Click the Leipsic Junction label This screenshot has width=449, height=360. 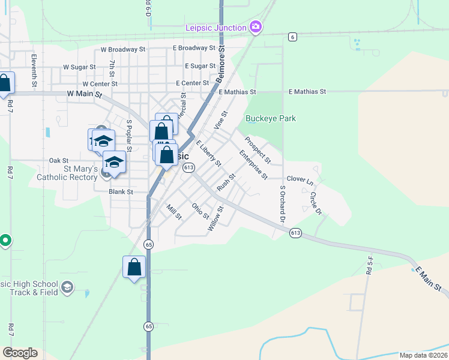tap(216, 28)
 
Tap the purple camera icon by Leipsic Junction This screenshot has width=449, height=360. tap(256, 27)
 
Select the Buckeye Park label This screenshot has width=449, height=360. tap(271, 119)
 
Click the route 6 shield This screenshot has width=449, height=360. tap(292, 37)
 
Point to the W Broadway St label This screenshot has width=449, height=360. tap(123, 49)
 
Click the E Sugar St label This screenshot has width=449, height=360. tap(200, 65)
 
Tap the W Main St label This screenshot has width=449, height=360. tap(85, 94)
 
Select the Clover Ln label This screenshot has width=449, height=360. tap(300, 179)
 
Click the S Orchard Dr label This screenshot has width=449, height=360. tap(282, 202)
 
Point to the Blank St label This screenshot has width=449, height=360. tap(120, 192)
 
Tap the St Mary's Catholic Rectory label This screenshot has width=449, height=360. tap(67, 173)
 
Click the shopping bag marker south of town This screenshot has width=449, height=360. tap(134, 266)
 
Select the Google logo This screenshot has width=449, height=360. tap(20, 353)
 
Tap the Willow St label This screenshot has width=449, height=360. tap(215, 218)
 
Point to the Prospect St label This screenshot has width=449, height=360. tap(258, 149)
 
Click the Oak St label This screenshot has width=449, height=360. tap(59, 161)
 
